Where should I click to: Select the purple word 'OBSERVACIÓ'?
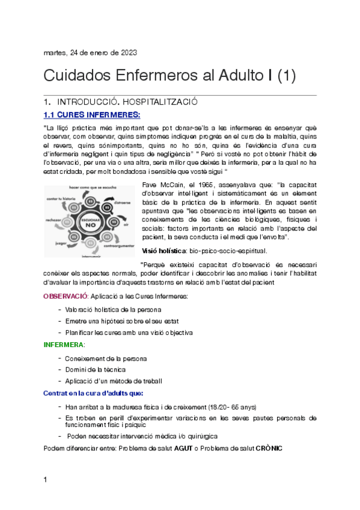click(66, 296)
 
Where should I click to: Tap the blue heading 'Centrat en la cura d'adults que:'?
click(93, 393)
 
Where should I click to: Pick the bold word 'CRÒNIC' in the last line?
click(269, 449)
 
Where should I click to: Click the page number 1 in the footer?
click(46, 480)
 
